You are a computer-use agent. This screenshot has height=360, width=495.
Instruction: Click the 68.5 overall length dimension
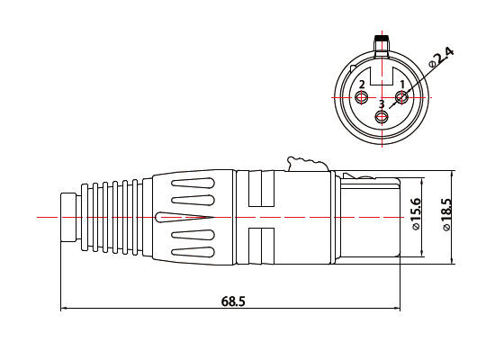click(x=232, y=301)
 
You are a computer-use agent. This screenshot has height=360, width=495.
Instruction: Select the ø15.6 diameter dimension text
click(x=416, y=216)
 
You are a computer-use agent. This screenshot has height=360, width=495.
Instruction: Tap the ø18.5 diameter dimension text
click(x=447, y=216)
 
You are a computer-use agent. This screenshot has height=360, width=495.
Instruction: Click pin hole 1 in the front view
click(x=401, y=96)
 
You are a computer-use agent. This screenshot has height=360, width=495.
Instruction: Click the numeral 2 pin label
click(x=361, y=85)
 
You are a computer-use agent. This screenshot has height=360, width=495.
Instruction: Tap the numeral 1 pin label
click(x=401, y=85)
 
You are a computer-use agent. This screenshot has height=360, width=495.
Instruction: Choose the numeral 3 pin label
click(x=382, y=103)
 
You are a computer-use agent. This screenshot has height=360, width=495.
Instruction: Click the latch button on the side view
click(x=305, y=164)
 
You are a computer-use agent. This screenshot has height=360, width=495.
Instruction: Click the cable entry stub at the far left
click(x=68, y=218)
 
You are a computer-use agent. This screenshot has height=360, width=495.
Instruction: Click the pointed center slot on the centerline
click(x=184, y=218)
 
